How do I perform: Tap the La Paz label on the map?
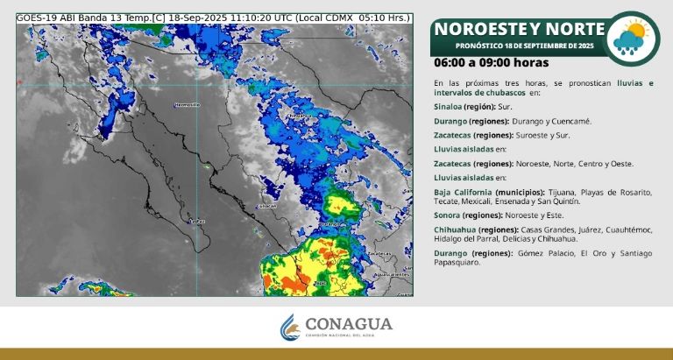click(x=197, y=221)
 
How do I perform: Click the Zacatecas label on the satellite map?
click(x=379, y=253)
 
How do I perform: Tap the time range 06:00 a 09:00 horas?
click(x=491, y=62)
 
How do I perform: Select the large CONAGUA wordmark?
click(x=348, y=323)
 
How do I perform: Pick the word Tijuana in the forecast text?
click(x=559, y=191)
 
